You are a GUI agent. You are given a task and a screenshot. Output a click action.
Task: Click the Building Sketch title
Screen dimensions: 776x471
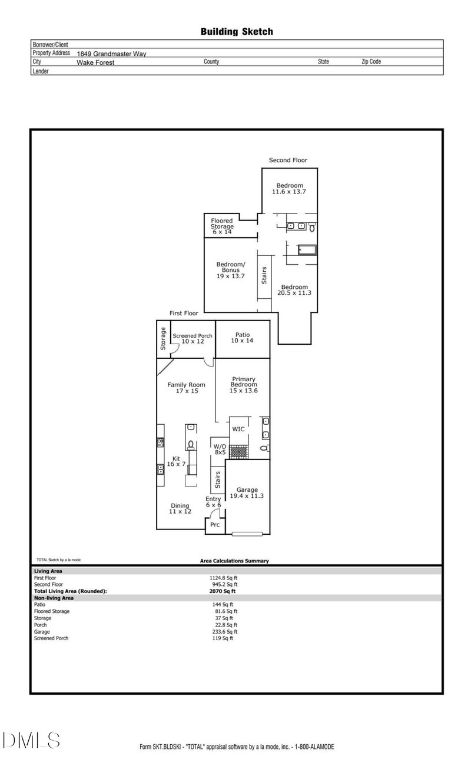237,32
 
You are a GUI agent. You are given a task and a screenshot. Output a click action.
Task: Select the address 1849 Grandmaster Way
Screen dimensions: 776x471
111,54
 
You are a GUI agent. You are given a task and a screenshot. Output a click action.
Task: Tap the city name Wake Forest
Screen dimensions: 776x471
95,62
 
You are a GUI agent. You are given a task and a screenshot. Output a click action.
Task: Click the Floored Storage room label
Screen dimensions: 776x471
222,227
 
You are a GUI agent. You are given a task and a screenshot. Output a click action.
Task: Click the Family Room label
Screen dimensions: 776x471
186,388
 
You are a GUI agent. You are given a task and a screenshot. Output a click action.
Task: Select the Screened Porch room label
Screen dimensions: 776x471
192,338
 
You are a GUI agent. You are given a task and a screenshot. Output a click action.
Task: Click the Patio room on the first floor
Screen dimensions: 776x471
243,338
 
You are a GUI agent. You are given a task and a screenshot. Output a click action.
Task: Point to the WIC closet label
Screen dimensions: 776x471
238,429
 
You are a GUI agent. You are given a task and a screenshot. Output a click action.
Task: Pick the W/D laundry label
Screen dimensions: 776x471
220,449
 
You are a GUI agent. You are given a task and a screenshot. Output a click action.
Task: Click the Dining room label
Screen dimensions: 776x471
180,508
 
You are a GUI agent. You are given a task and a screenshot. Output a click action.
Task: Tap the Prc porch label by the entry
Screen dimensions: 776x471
215,525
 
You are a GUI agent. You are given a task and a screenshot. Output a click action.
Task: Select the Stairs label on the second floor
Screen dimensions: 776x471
264,275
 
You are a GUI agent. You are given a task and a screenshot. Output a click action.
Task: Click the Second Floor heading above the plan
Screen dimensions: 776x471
288,160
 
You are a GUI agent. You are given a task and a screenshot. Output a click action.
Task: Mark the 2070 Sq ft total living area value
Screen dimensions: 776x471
224,591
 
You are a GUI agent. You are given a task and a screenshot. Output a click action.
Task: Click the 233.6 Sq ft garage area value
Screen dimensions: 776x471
224,632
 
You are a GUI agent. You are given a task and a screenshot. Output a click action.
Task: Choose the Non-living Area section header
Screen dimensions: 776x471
54,598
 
